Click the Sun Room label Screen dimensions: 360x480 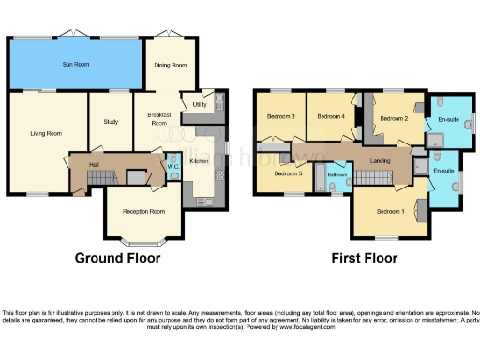75,64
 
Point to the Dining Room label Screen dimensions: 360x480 172,65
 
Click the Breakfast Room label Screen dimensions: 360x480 158,119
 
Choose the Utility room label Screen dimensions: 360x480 199,104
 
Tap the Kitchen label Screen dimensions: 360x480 200,161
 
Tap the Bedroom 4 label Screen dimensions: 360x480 330,116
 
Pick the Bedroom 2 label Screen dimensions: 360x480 393,119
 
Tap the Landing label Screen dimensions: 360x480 381,161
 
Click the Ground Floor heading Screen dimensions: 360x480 118,258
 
